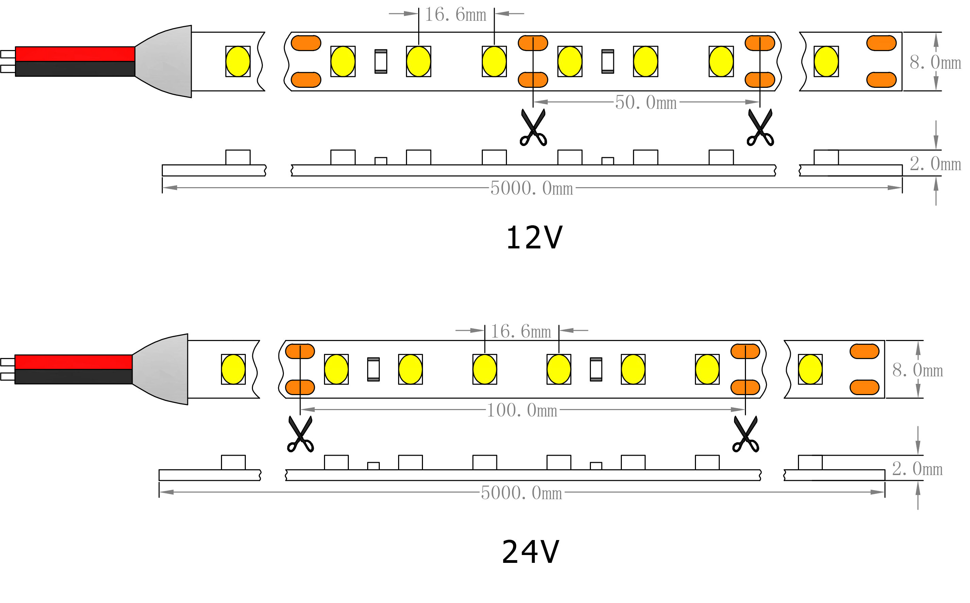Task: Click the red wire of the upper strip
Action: click(75, 54)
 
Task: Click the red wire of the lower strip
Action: click(74, 362)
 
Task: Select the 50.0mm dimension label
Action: click(645, 103)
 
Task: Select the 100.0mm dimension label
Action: click(522, 410)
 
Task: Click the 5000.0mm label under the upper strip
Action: click(531, 188)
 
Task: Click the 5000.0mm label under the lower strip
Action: click(522, 493)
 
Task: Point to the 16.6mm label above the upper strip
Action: click(455, 15)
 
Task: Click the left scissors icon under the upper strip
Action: click(533, 128)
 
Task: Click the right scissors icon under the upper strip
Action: click(760, 128)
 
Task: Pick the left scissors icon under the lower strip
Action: click(300, 434)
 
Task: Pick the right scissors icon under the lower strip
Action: click(745, 434)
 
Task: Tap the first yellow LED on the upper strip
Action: click(238, 61)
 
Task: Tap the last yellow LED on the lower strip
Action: click(810, 369)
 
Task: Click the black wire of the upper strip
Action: click(75, 69)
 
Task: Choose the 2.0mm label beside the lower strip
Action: click(917, 469)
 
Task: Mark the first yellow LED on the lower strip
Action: click(233, 369)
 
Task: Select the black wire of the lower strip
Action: click(74, 376)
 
